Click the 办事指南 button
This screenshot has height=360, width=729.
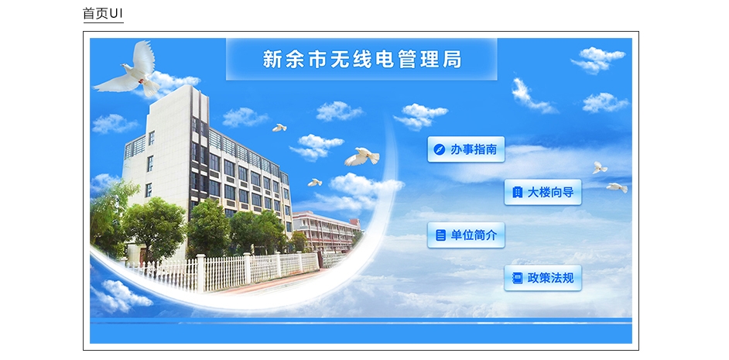[x=466, y=149]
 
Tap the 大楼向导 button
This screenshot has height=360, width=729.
[x=542, y=192]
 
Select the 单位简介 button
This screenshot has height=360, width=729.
[x=466, y=235]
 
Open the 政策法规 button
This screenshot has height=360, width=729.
[x=542, y=278]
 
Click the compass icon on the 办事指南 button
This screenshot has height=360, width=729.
[x=440, y=149]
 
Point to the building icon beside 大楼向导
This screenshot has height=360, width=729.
[x=517, y=192]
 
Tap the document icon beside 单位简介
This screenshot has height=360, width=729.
[x=440, y=235]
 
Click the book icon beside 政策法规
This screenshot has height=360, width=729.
[x=517, y=278]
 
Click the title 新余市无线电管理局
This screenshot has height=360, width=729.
[x=361, y=60]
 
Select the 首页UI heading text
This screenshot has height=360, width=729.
[x=103, y=13]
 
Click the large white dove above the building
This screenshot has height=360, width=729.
[x=129, y=70]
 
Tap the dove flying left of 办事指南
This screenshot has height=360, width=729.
[x=361, y=156]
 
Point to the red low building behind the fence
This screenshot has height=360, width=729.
[x=326, y=230]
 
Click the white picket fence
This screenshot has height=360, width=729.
[x=223, y=272]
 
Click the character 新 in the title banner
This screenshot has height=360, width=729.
[x=272, y=60]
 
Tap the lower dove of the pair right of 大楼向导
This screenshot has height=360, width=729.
[x=617, y=187]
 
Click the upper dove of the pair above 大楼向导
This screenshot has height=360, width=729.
[x=599, y=168]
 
